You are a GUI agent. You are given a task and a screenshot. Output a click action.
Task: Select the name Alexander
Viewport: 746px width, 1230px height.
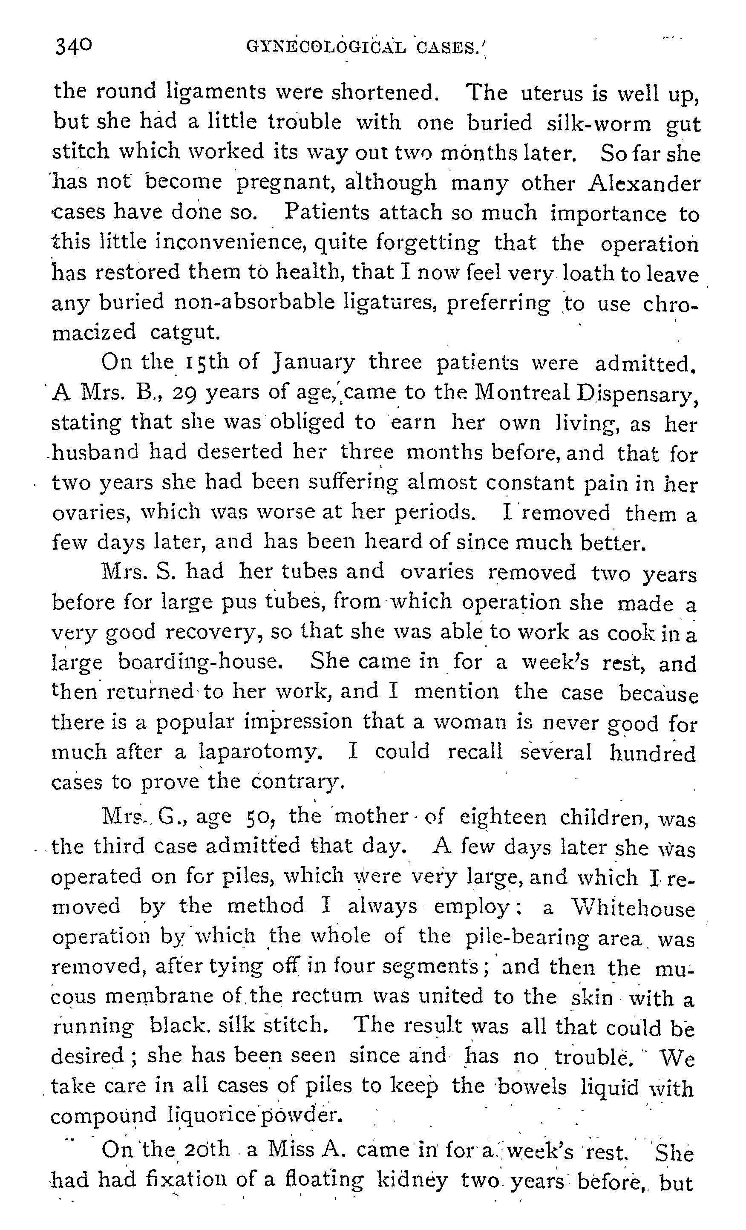(x=645, y=183)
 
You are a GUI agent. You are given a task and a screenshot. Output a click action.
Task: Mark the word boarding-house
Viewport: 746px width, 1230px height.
(x=200, y=663)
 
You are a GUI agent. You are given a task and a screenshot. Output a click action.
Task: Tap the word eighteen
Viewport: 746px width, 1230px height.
(x=503, y=817)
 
